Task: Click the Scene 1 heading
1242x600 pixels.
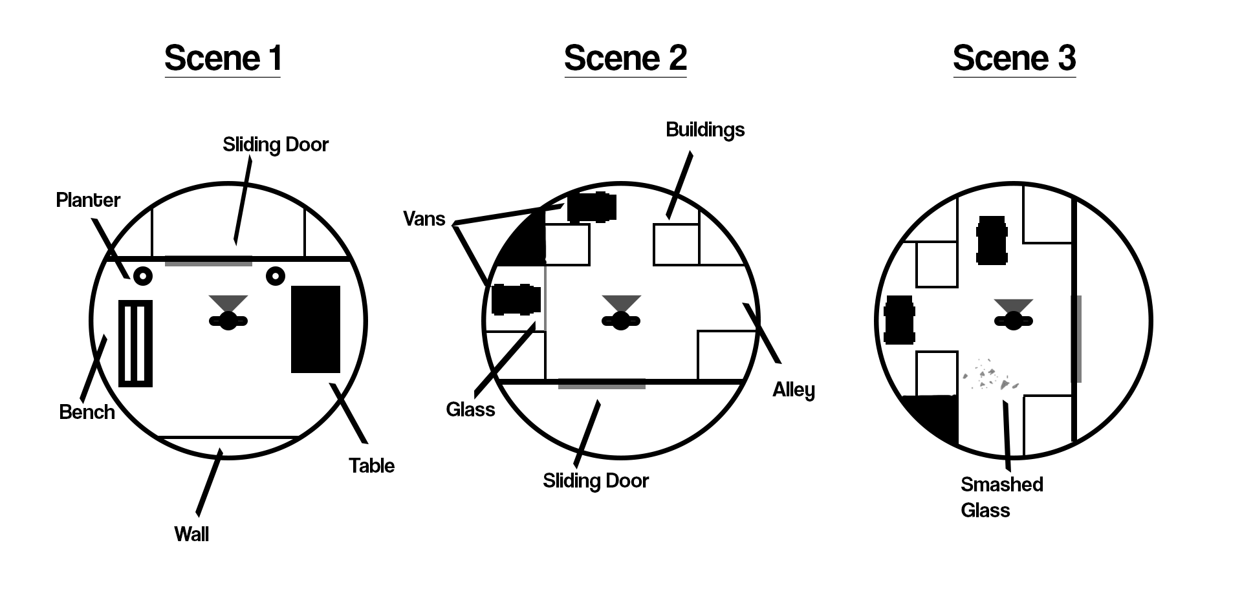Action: point(223,58)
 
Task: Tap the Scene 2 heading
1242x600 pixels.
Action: point(625,58)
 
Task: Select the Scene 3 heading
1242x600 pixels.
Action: point(1014,58)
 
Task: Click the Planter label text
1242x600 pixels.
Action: point(88,200)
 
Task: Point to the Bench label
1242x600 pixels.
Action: point(87,412)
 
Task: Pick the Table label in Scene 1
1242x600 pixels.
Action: point(371,466)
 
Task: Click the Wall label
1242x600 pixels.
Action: point(191,534)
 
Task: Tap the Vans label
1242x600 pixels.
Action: point(424,219)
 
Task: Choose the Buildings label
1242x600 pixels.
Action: point(705,129)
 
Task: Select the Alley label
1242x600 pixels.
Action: point(794,389)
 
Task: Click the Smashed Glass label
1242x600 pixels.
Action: point(1001,497)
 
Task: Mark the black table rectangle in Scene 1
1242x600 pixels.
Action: point(316,329)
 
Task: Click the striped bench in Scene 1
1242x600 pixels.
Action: point(136,343)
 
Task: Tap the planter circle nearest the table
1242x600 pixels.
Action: point(276,276)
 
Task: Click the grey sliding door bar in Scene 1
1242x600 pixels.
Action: point(208,261)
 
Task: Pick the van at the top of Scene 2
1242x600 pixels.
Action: point(591,207)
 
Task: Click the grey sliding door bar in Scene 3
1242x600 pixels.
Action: point(1076,338)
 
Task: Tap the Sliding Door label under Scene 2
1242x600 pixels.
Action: point(595,480)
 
